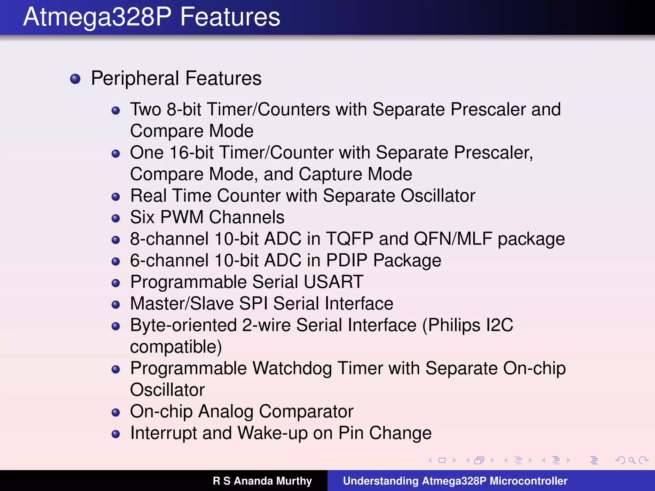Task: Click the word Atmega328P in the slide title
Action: click(x=98, y=17)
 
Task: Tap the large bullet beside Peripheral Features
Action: click(x=75, y=79)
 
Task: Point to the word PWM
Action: click(x=182, y=217)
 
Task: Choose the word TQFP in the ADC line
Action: click(x=350, y=239)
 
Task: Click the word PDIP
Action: click(x=347, y=261)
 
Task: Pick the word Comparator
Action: click(x=306, y=411)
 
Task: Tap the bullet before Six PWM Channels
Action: click(x=116, y=218)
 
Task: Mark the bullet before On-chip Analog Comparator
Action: click(x=116, y=412)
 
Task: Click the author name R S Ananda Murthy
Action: click(x=262, y=481)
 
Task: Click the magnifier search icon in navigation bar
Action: click(x=632, y=460)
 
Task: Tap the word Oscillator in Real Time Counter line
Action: click(x=438, y=196)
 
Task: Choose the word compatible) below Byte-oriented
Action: click(x=176, y=347)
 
